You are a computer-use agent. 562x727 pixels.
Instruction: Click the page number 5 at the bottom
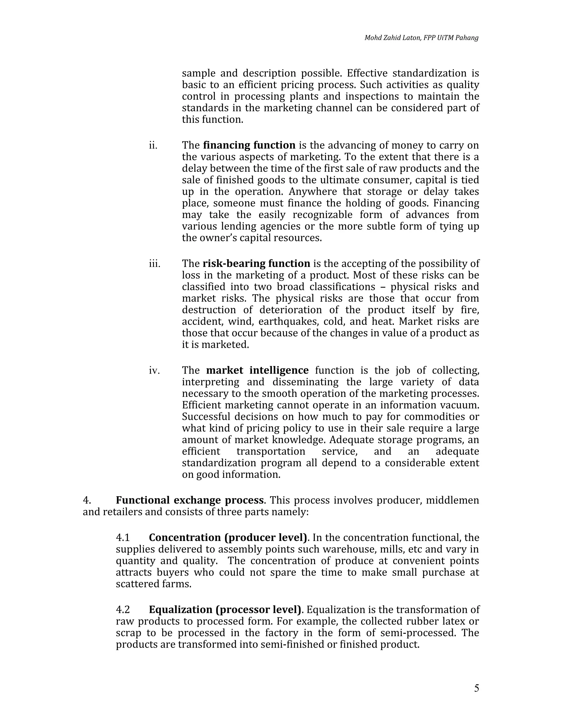tap(476, 688)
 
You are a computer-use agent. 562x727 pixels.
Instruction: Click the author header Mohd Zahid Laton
tap(393, 38)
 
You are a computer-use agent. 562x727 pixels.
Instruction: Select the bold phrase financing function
tap(249, 145)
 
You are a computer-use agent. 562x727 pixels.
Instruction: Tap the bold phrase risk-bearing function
tap(256, 264)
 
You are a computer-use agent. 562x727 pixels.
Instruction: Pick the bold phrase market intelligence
tap(257, 370)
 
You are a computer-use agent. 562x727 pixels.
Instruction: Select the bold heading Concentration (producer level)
tap(228, 538)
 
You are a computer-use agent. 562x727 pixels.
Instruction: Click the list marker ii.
tap(153, 145)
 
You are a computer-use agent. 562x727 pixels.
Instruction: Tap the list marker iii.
tap(154, 264)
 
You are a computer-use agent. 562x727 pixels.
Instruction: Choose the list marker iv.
tap(154, 370)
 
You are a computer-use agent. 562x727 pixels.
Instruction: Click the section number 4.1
tap(123, 538)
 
